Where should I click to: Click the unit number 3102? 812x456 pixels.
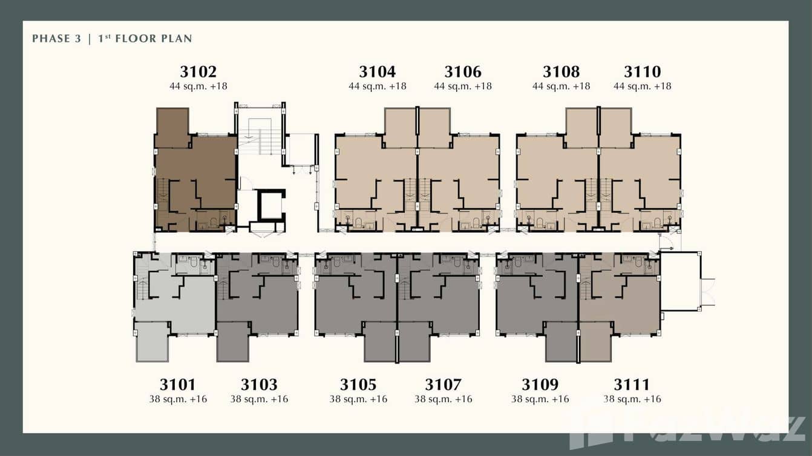point(198,72)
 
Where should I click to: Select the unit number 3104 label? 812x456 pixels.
point(377,72)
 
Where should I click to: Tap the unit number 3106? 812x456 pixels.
point(463,72)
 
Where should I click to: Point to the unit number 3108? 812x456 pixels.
point(561,72)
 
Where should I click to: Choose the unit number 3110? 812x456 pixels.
point(642,72)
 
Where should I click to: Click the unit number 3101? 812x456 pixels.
point(178,385)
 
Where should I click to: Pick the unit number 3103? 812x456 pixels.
point(259,385)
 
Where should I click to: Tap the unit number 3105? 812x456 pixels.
point(358,385)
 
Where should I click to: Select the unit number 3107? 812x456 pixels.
point(443,385)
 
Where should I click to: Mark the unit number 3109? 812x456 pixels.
point(540,385)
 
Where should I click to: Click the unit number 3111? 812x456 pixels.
point(632,385)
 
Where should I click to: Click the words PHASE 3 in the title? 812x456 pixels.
point(56,39)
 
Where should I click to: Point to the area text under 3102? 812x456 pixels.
point(198,86)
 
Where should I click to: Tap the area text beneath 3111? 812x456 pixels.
point(632,399)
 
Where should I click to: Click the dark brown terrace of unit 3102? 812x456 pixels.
point(172,128)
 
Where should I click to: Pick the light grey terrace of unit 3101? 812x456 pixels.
point(152,342)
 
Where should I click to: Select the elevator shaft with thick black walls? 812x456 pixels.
point(269,206)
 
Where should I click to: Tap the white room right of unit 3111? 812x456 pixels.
point(679,282)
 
